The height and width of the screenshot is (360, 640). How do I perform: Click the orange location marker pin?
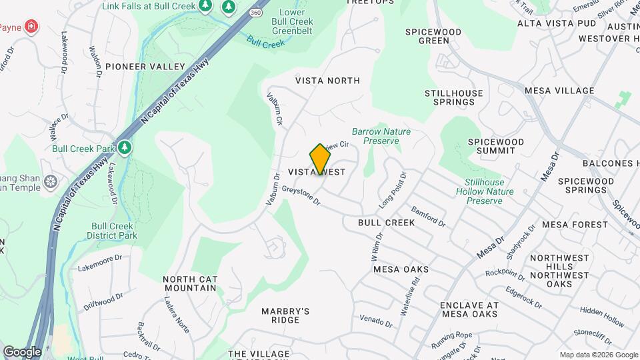pos(320,159)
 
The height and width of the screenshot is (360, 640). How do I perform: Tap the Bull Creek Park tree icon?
pos(124,146)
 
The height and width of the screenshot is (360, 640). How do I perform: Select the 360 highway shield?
pos(255,12)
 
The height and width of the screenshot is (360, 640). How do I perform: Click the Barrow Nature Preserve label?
pos(381,136)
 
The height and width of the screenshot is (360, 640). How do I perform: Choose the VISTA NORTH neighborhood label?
pos(327,81)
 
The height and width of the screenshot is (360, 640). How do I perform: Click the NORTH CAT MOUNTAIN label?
pos(189,283)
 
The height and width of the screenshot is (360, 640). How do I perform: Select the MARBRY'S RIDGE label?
pos(285,315)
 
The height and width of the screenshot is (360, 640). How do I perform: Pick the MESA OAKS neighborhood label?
pos(401,269)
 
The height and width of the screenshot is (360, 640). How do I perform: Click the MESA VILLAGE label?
pos(559,91)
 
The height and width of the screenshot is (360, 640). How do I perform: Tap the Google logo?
pos(22,351)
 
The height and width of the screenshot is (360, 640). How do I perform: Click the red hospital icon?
pos(31,27)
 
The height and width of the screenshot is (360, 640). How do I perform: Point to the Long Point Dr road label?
pos(392,189)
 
